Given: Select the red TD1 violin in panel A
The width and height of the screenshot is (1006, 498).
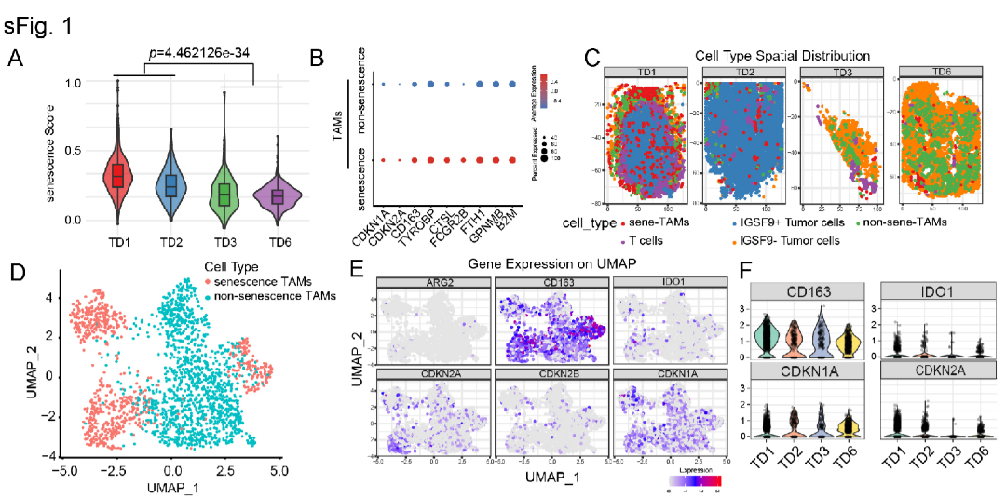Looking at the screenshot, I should (x=118, y=175).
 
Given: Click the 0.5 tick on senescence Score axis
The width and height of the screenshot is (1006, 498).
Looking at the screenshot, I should (x=72, y=151).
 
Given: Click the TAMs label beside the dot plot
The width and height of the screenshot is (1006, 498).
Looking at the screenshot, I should (x=337, y=123).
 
